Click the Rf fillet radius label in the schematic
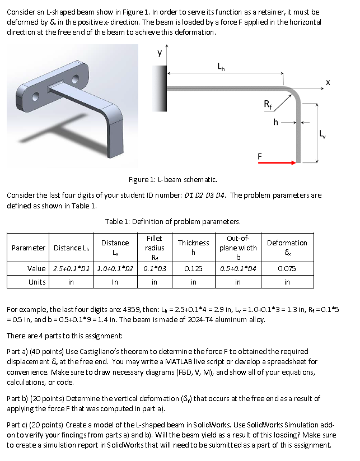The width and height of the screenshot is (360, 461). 269,104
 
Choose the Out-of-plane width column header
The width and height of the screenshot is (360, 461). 238,247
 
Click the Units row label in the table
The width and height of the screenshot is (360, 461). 37,282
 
